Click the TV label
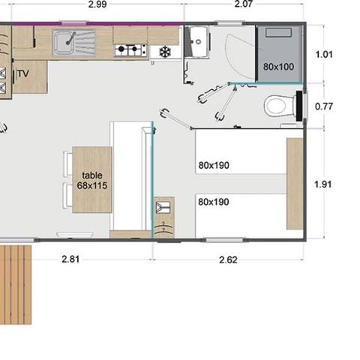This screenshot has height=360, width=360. [x=22, y=73]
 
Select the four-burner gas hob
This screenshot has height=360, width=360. [x=129, y=50]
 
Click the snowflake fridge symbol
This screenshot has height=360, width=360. [x=163, y=52]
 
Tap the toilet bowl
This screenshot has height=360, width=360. [x=276, y=106]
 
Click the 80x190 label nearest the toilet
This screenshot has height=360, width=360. [x=214, y=166]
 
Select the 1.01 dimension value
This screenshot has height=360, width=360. [x=324, y=55]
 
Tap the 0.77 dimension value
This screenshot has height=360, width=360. [x=324, y=106]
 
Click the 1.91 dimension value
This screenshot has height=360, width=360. [x=324, y=184]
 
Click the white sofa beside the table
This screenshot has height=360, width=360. [x=131, y=176]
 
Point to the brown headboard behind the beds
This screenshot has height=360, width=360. [x=295, y=184]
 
